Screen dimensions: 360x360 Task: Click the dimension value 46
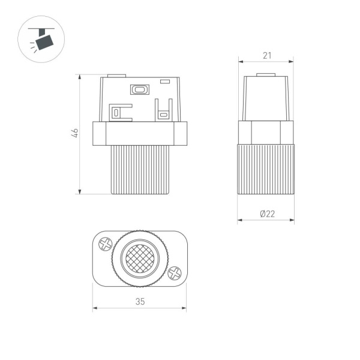(x=74, y=133)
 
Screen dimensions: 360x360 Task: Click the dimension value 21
(x=266, y=55)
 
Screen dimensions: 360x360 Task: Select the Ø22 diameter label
(x=266, y=214)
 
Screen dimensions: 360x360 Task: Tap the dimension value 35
(x=140, y=302)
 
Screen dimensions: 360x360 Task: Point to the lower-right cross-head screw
(x=175, y=273)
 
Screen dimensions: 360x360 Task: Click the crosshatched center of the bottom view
(x=140, y=259)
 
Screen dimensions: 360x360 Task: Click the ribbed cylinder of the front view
(x=140, y=169)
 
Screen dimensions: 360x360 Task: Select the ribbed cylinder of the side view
(x=266, y=169)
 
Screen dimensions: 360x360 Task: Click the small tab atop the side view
(x=266, y=75)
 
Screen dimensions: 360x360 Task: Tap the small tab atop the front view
(x=116, y=75)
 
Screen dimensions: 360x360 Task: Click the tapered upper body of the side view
(x=266, y=99)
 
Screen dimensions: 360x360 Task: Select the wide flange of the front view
(x=140, y=133)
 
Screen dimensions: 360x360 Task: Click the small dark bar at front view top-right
(x=166, y=79)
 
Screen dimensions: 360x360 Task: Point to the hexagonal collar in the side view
(x=266, y=133)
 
